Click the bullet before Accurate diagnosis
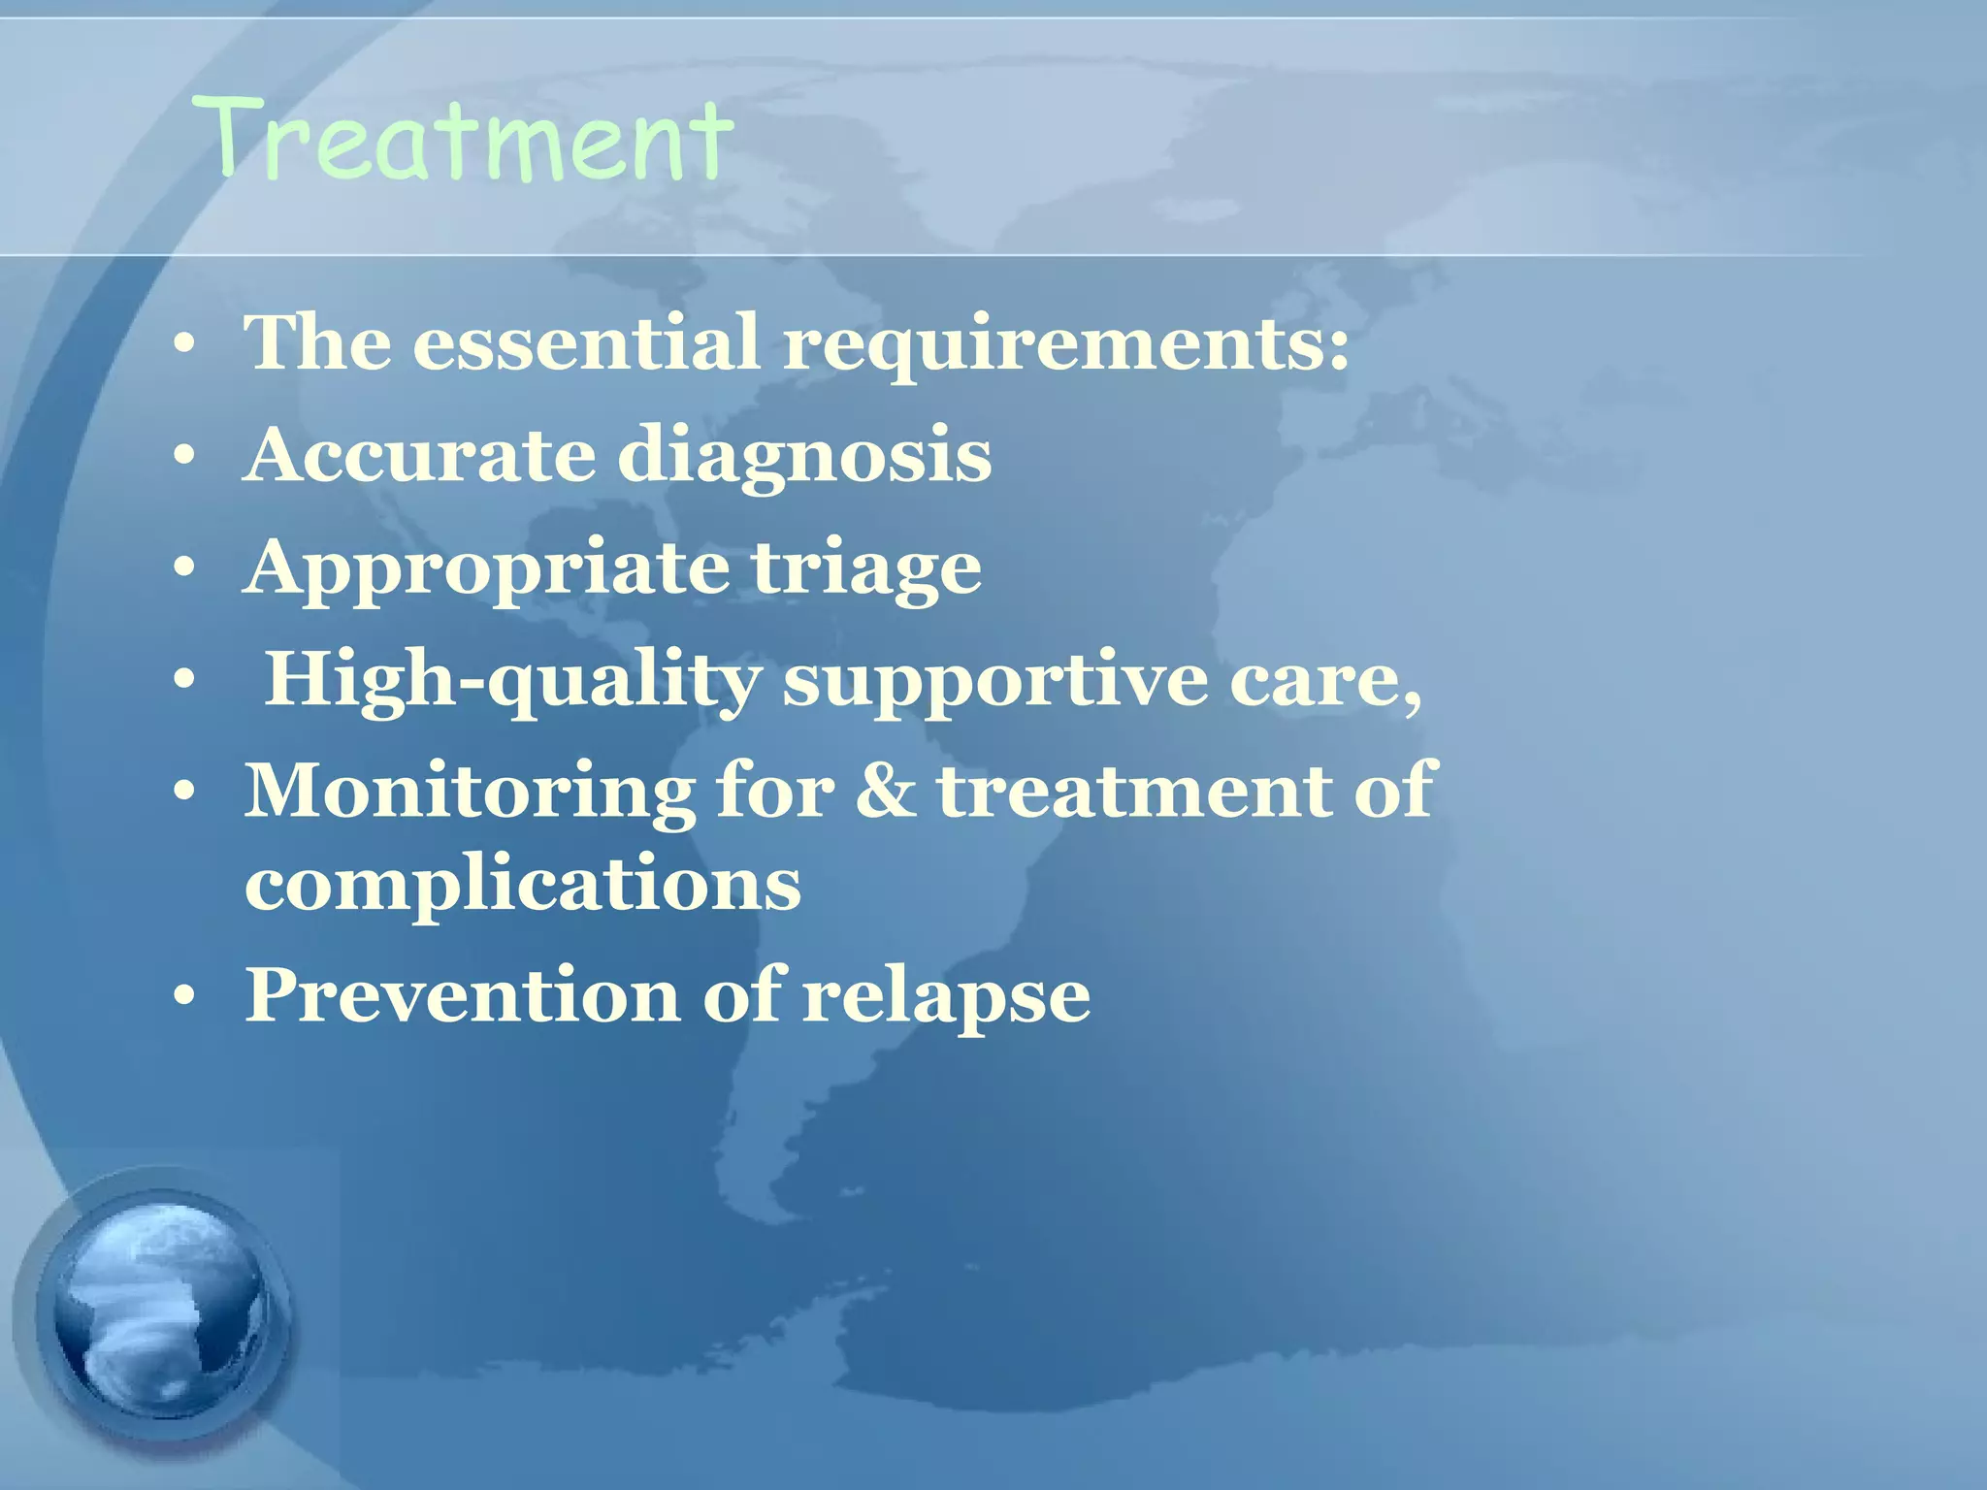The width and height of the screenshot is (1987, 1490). coord(184,457)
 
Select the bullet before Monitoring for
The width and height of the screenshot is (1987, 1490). coord(184,794)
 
